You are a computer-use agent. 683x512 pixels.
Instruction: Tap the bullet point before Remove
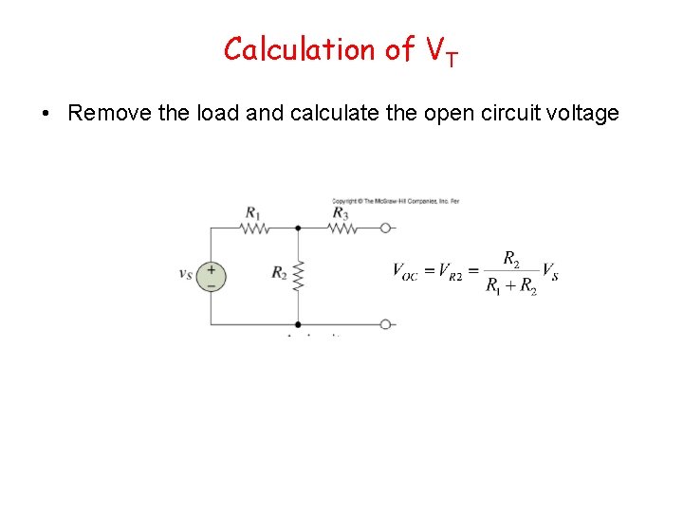[x=46, y=115]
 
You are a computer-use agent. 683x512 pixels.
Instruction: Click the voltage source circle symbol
[x=211, y=275]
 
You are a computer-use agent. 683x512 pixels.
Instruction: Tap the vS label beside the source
[x=186, y=274]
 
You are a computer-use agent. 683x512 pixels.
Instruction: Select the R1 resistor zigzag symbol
[x=254, y=228]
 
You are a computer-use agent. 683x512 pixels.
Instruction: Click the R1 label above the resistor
[x=252, y=212]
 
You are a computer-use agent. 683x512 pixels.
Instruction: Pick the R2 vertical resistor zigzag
[x=298, y=275]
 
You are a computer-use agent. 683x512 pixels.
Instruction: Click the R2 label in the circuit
[x=279, y=273]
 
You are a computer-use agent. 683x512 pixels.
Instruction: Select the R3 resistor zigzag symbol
[x=341, y=228]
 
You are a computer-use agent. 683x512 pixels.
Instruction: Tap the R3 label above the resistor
[x=340, y=212]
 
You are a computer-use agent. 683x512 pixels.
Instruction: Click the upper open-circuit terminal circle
[x=386, y=228]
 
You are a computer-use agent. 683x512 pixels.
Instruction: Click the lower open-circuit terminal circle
[x=386, y=324]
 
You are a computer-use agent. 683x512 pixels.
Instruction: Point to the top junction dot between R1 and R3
[x=298, y=228]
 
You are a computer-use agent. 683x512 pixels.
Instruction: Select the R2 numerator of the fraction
[x=510, y=258]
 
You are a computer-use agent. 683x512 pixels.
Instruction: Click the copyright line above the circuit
[x=396, y=201]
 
